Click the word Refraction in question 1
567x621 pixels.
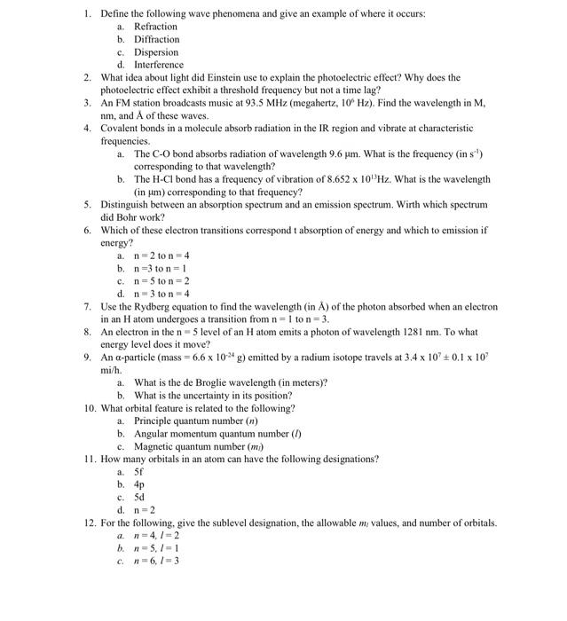[155, 27]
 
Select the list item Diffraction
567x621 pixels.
[156, 39]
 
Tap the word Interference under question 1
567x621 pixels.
[159, 65]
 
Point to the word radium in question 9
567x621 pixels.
[303, 358]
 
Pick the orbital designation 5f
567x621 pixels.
[139, 472]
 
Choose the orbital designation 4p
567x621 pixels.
[139, 484]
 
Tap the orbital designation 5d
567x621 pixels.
[139, 498]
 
